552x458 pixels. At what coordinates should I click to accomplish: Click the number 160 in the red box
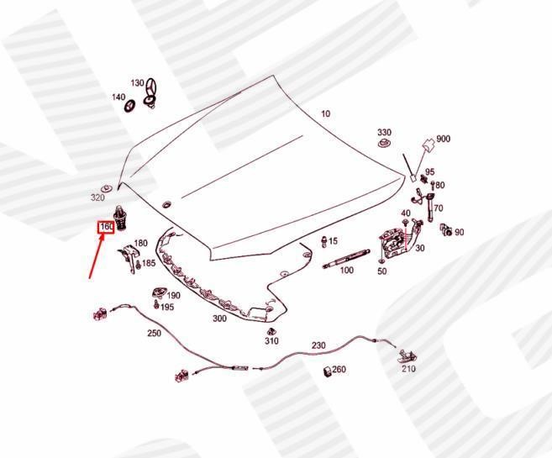[x=106, y=227]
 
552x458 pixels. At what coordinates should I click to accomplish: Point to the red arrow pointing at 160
[x=97, y=256]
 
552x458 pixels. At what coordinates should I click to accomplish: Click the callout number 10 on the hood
[x=326, y=113]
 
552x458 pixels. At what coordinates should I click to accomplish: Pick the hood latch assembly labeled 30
[x=393, y=243]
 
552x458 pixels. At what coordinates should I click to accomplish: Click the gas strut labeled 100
[x=346, y=258]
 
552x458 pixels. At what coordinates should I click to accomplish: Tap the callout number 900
[x=444, y=139]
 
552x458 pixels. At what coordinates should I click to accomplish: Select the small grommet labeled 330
[x=383, y=143]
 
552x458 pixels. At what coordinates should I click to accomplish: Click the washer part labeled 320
[x=107, y=187]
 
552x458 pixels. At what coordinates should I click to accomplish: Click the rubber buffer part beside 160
[x=120, y=218]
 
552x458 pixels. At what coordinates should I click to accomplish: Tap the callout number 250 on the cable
[x=155, y=333]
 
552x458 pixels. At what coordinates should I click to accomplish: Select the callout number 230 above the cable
[x=318, y=345]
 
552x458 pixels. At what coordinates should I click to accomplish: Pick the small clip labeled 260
[x=328, y=371]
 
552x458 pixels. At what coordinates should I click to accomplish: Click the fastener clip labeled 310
[x=271, y=332]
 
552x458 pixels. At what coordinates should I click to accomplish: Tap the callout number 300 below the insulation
[x=219, y=318]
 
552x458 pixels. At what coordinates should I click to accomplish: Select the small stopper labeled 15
[x=323, y=242]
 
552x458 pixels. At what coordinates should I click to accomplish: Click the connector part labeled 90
[x=445, y=229]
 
